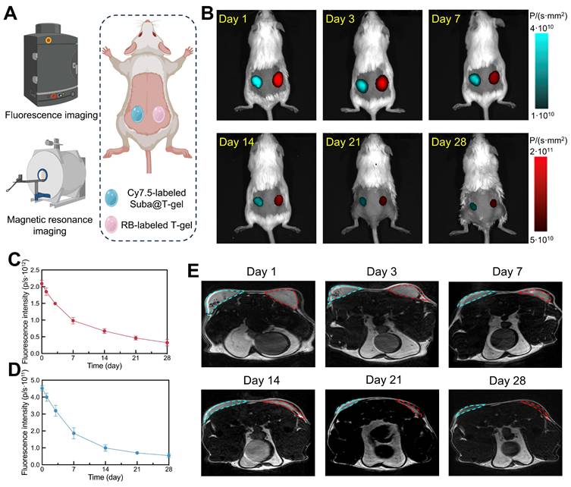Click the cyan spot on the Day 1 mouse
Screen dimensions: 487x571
point(258,80)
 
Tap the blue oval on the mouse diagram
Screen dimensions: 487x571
point(139,115)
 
